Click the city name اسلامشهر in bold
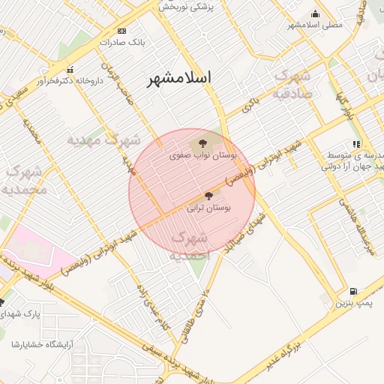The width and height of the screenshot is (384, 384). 180,78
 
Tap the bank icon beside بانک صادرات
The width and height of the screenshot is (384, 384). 122,31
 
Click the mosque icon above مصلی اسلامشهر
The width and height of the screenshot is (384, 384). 316,13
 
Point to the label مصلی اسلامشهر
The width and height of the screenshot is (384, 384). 315,25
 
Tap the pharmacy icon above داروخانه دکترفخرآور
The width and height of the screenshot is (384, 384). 70,70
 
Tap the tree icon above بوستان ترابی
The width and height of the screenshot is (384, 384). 208,195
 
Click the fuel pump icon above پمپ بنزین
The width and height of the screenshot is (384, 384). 353,291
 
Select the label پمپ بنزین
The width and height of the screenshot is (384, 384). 352,302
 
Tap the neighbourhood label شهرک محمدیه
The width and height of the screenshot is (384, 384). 26,180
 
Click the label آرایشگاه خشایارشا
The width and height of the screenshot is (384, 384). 36,344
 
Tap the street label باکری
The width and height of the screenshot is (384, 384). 250,105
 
